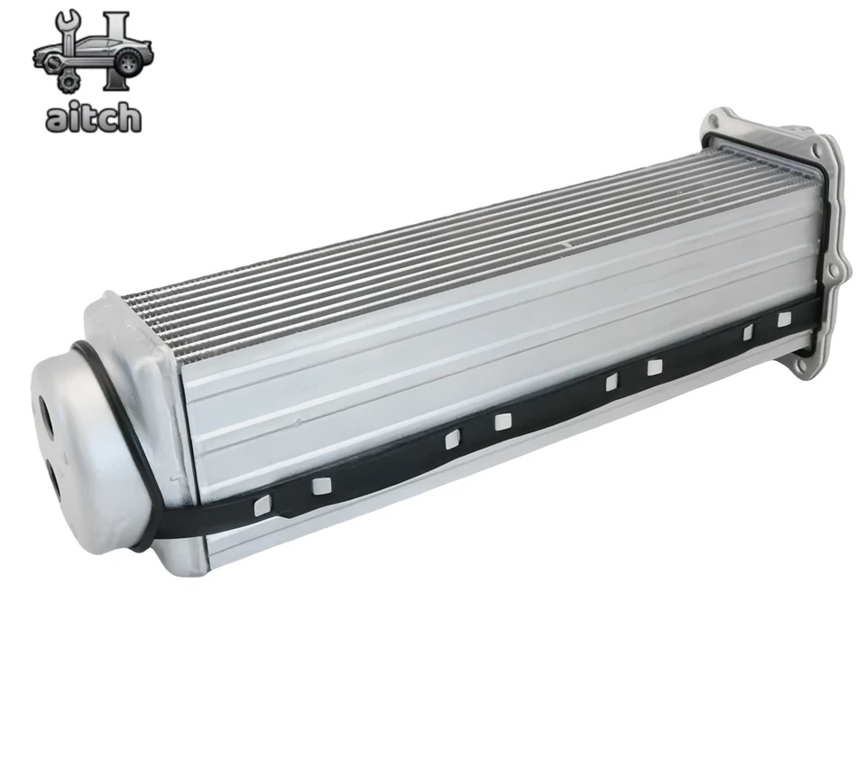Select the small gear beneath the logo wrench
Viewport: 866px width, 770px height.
pos(69,81)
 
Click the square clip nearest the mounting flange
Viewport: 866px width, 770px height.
pos(784,319)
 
